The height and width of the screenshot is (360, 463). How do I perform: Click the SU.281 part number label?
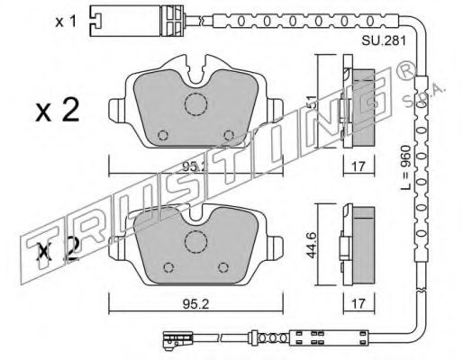click(384, 40)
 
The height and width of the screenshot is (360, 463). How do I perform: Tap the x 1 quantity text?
click(66, 22)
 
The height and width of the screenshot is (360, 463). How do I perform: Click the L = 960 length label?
click(405, 167)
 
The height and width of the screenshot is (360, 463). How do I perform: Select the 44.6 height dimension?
click(313, 244)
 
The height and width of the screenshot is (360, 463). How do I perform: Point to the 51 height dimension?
click(313, 102)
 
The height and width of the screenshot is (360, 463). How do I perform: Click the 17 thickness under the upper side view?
click(358, 166)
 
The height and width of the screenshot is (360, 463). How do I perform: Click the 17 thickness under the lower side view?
click(358, 304)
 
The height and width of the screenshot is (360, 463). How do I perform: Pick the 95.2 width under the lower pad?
click(195, 305)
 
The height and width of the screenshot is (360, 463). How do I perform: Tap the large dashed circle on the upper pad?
click(195, 104)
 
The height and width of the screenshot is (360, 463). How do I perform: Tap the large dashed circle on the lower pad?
click(195, 242)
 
